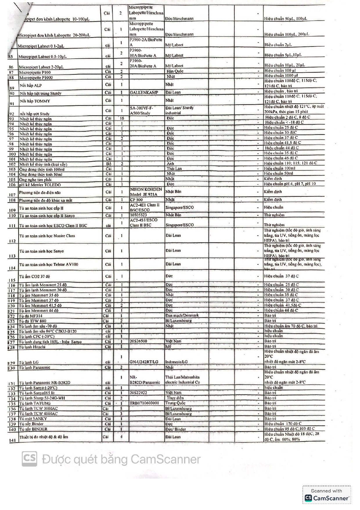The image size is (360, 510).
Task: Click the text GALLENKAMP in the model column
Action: tap(144, 93)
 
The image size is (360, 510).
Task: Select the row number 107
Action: tap(12, 195)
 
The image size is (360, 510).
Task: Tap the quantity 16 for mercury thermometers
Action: tap(122, 118)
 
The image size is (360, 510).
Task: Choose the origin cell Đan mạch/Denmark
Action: tap(182, 315)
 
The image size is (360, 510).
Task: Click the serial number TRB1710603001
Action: tap(144, 403)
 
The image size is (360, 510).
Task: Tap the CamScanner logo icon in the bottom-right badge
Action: tap(308, 498)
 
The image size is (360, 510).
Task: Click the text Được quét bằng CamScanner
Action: tap(121, 459)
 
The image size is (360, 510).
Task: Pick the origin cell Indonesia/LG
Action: tap(176, 362)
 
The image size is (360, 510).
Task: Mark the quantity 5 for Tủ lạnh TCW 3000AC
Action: tap(121, 408)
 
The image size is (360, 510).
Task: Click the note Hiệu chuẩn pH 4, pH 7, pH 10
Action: tap(289, 184)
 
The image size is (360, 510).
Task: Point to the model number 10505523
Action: tap(138, 215)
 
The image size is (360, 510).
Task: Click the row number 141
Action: tap(12, 440)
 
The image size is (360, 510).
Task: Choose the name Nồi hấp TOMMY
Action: tap(35, 101)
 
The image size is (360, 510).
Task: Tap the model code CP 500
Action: tap(136, 200)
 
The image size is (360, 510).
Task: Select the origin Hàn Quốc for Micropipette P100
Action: tap(175, 71)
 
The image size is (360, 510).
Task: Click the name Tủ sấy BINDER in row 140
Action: tap(33, 429)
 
